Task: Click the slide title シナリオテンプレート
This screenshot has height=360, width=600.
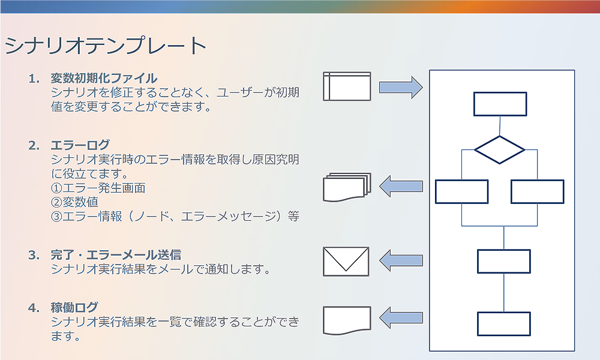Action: click(x=106, y=46)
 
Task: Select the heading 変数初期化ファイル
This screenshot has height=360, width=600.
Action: click(x=104, y=78)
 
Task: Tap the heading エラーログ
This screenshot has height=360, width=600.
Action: click(x=80, y=145)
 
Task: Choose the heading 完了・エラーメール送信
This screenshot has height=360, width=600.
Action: click(x=116, y=254)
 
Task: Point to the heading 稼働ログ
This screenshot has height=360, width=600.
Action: click(x=74, y=307)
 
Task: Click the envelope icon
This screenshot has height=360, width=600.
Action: click(x=347, y=261)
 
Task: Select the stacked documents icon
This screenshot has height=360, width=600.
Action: click(x=347, y=188)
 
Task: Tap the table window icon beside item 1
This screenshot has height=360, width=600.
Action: click(x=347, y=86)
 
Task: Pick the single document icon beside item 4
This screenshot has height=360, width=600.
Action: click(x=347, y=320)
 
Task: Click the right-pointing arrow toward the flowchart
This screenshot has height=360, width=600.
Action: click(x=400, y=87)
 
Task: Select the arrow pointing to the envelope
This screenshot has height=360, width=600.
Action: click(x=401, y=260)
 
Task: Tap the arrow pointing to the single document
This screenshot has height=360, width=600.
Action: click(x=401, y=318)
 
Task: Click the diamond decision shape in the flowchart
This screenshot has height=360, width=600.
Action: click(x=500, y=149)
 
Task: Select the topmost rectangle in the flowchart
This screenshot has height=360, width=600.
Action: click(x=500, y=104)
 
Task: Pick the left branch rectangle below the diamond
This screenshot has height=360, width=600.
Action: click(x=461, y=191)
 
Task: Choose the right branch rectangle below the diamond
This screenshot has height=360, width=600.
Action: click(x=537, y=191)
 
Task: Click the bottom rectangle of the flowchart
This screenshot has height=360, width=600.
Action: click(x=503, y=323)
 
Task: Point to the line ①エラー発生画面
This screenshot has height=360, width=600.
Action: click(x=98, y=188)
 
